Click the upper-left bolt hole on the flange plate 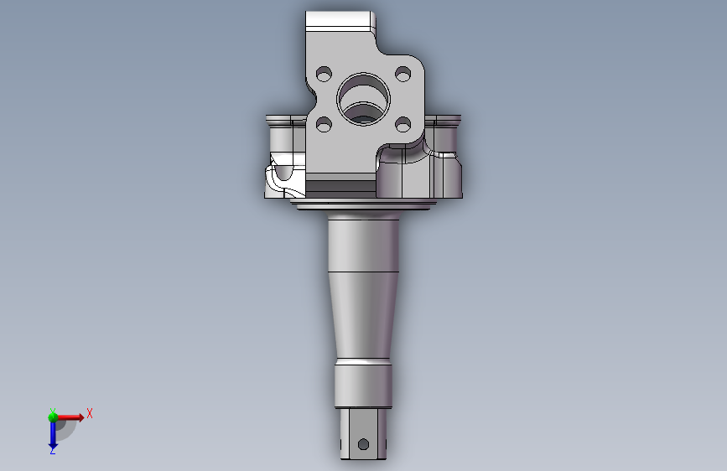click(x=324, y=74)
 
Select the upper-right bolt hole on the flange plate click(x=402, y=74)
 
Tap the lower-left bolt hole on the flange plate click(x=324, y=124)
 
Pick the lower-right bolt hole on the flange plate click(x=402, y=124)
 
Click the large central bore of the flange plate click(x=364, y=99)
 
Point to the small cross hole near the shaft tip click(x=364, y=444)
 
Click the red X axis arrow click(x=70, y=417)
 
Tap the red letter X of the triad click(x=90, y=413)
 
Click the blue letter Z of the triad click(x=52, y=450)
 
